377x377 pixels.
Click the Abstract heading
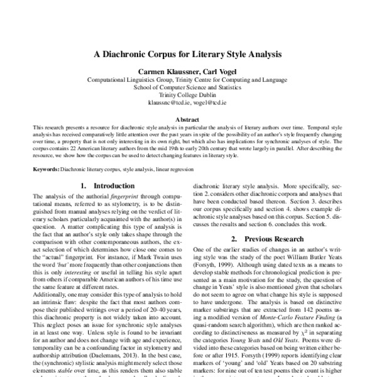tap(188, 118)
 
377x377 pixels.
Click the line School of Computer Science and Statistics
tap(188, 88)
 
